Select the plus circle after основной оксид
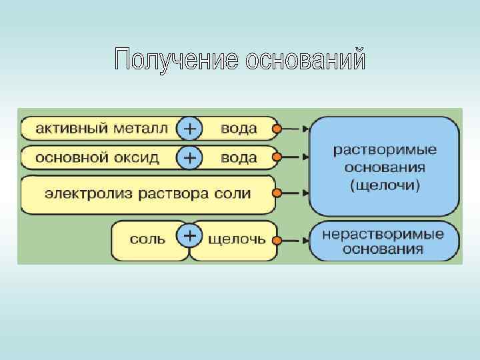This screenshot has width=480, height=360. click(x=189, y=158)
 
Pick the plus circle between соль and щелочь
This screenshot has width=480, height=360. click(x=189, y=237)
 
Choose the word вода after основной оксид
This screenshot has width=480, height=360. click(x=238, y=158)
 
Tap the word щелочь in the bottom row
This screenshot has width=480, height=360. click(x=236, y=237)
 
